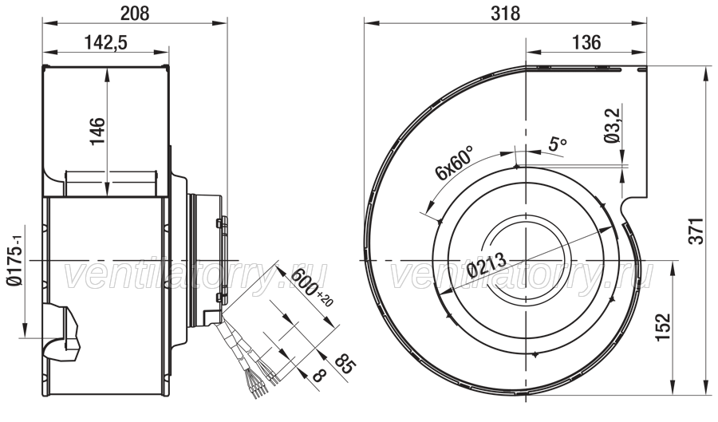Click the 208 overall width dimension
(135, 14)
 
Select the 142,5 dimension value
(106, 42)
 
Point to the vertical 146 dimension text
(97, 132)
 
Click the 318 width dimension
(506, 14)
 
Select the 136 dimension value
(586, 42)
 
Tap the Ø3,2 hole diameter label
(612, 125)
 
